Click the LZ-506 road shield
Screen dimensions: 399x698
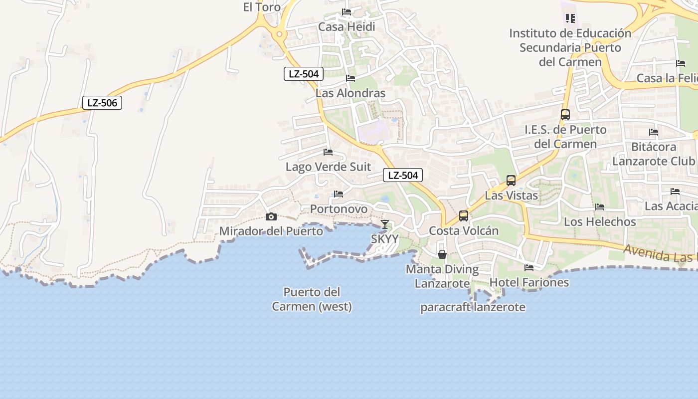[x=102, y=103]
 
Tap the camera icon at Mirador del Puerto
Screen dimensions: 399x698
[x=271, y=216]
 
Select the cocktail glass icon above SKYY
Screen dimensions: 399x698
[x=385, y=224]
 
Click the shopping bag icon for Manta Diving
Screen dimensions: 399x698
[x=442, y=254]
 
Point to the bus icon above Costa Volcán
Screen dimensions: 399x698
[x=464, y=216]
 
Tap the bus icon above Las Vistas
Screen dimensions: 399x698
[x=511, y=181]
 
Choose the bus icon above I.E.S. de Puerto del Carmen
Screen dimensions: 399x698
[x=565, y=115]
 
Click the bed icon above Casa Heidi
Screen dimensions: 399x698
[x=347, y=12]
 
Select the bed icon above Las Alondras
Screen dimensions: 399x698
[x=350, y=78]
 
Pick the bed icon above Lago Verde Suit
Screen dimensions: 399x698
[x=328, y=152]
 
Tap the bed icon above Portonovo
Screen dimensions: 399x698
[x=339, y=194]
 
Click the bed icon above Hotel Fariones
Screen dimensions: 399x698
[x=529, y=268]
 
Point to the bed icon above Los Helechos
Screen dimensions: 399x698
[x=600, y=207]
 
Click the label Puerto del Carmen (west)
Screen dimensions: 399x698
[x=312, y=299]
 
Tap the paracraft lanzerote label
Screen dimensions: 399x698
[x=473, y=307]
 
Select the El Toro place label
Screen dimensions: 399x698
[x=262, y=7]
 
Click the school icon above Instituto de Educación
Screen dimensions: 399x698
[x=570, y=18]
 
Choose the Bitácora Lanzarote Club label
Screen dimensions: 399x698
[x=654, y=154]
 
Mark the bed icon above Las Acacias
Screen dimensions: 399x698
[x=675, y=192]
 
